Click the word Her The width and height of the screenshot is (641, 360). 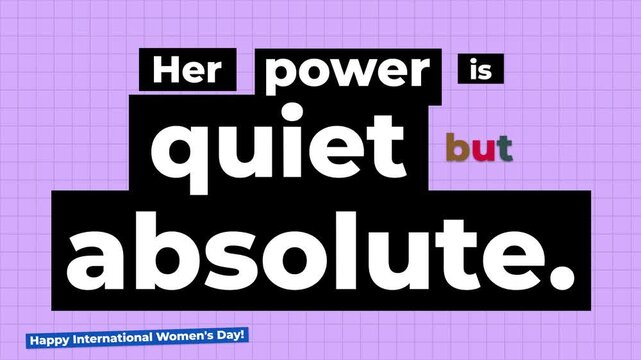(x=193, y=71)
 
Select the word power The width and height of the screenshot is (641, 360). (x=350, y=73)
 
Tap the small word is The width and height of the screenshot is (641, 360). (x=481, y=71)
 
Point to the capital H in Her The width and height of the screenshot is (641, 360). (x=166, y=71)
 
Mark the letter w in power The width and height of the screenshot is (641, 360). (x=352, y=75)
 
